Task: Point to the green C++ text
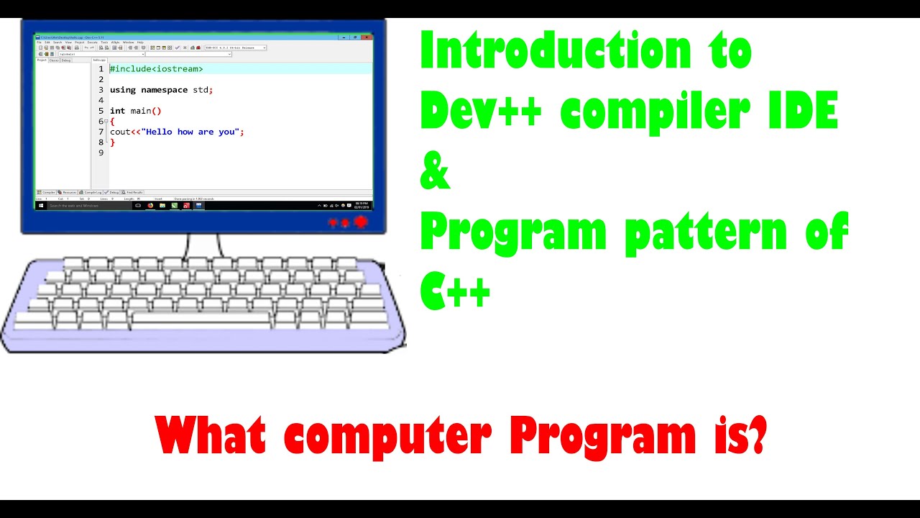click(x=456, y=292)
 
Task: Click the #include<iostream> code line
click(x=156, y=69)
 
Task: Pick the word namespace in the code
click(x=164, y=90)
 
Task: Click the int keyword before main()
click(x=117, y=111)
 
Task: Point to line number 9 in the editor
click(x=101, y=153)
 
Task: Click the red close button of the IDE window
click(x=366, y=37)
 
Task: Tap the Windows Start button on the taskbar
click(x=41, y=205)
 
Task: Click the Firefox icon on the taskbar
click(x=150, y=205)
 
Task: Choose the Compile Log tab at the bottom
click(x=91, y=193)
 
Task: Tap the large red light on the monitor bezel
click(x=361, y=222)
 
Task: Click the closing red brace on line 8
click(x=112, y=142)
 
